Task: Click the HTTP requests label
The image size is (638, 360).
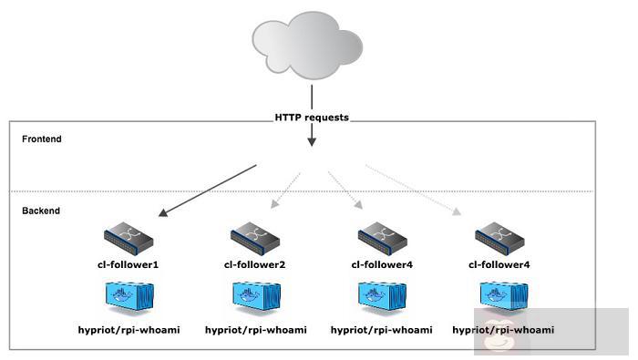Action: tap(312, 118)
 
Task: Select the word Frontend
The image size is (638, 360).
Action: tap(42, 139)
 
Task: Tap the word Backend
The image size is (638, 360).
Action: tap(41, 211)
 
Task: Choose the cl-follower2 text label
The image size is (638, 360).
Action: tap(255, 264)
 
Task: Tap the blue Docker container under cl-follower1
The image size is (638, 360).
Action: tap(129, 297)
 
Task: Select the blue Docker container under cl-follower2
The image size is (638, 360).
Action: tap(255, 297)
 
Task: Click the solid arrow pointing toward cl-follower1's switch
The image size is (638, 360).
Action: tap(207, 191)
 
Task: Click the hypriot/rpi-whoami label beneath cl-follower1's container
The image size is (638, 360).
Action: tap(129, 329)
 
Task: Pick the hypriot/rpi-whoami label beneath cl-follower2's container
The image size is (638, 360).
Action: tap(255, 329)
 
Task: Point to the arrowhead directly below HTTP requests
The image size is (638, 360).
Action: tap(312, 141)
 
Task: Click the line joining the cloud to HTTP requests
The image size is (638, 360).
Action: tap(312, 98)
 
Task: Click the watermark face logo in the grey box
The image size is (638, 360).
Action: tap(499, 337)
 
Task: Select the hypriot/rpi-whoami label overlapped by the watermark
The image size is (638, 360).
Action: tap(503, 329)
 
